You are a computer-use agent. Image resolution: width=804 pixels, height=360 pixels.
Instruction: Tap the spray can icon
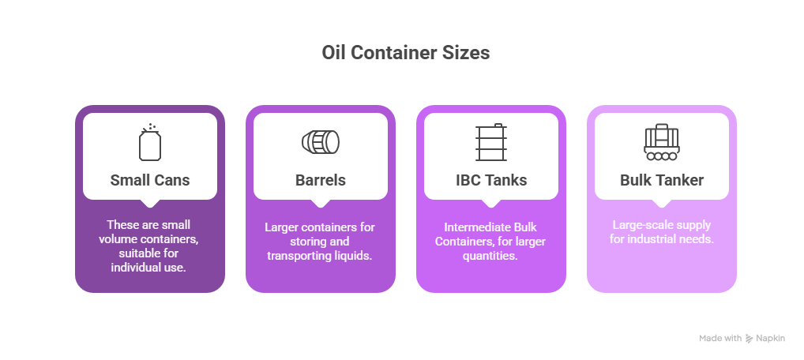[149, 142]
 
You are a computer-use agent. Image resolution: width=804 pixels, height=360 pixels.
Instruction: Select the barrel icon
[320, 142]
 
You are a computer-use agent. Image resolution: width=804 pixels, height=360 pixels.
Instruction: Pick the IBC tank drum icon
[490, 142]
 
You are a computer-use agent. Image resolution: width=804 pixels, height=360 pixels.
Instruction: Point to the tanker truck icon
[661, 142]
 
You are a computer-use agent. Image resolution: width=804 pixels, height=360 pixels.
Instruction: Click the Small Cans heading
[149, 180]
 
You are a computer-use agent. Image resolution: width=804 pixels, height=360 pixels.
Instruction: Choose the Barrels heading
[320, 180]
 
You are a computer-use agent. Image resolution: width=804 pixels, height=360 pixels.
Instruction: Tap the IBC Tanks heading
[490, 180]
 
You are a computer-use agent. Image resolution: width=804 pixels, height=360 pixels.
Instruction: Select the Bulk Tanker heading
[661, 180]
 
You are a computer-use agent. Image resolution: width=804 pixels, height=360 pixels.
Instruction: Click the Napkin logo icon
[750, 339]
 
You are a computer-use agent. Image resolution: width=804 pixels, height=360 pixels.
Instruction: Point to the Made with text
[719, 339]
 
